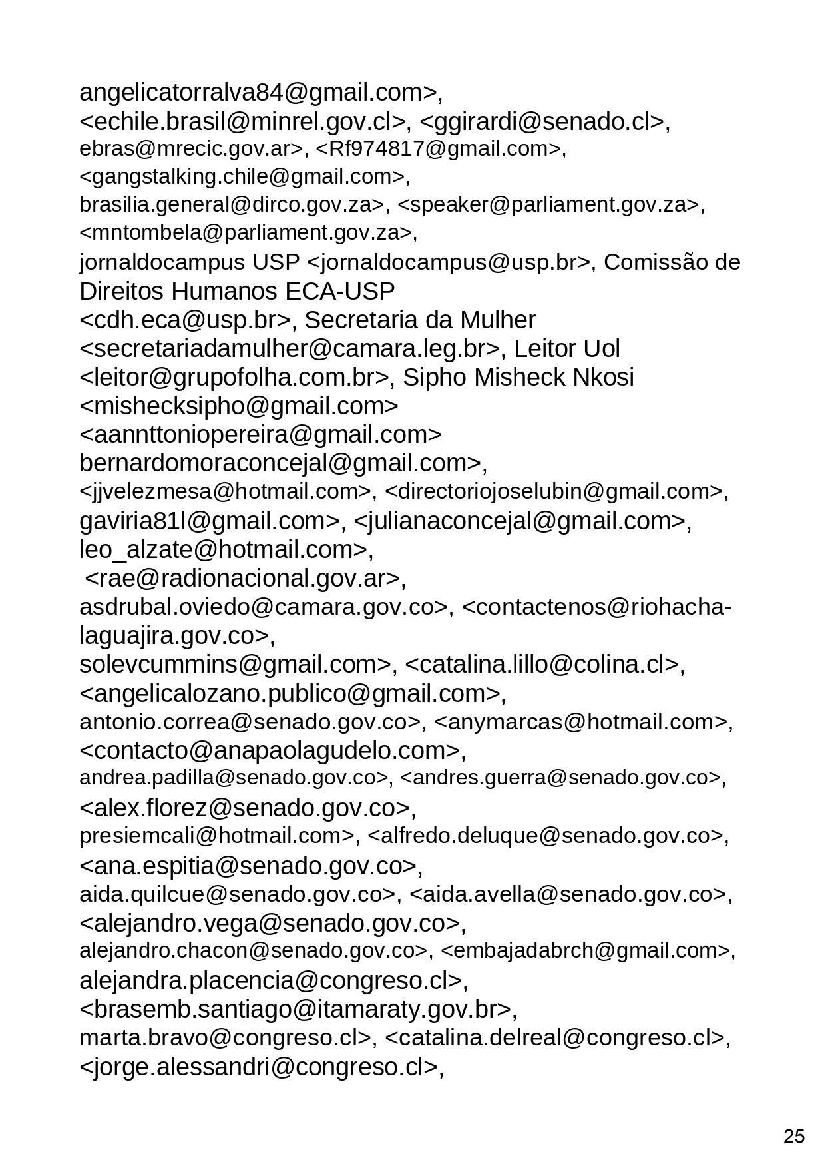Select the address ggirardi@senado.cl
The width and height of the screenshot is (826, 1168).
click(x=542, y=121)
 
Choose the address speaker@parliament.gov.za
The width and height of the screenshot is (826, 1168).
click(x=550, y=205)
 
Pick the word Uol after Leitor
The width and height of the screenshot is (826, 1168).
click(x=600, y=349)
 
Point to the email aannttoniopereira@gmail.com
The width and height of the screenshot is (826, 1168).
click(x=260, y=435)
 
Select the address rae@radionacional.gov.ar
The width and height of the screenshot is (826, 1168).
click(x=244, y=578)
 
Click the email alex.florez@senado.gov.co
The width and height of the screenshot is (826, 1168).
click(x=244, y=808)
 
